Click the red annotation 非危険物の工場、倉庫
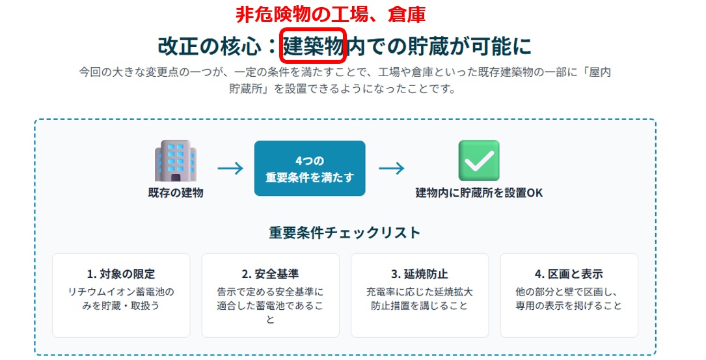point(331,14)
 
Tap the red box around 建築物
point(313,29)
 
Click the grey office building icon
point(176,161)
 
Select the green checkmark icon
point(479,160)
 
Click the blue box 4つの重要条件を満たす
point(310,169)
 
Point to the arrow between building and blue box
point(230,169)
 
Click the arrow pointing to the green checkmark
point(391,169)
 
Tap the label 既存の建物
point(176,193)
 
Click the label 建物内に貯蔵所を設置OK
point(479,193)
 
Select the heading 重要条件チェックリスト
point(344,232)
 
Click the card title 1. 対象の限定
point(120,274)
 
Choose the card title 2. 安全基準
point(270,274)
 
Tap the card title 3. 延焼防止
point(420,274)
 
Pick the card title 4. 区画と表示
point(569,274)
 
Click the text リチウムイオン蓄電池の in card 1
point(120,292)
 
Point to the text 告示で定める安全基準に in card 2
point(270,292)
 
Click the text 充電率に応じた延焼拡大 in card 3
point(420,292)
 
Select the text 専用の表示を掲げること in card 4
point(569,305)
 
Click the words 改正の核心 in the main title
point(210,46)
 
